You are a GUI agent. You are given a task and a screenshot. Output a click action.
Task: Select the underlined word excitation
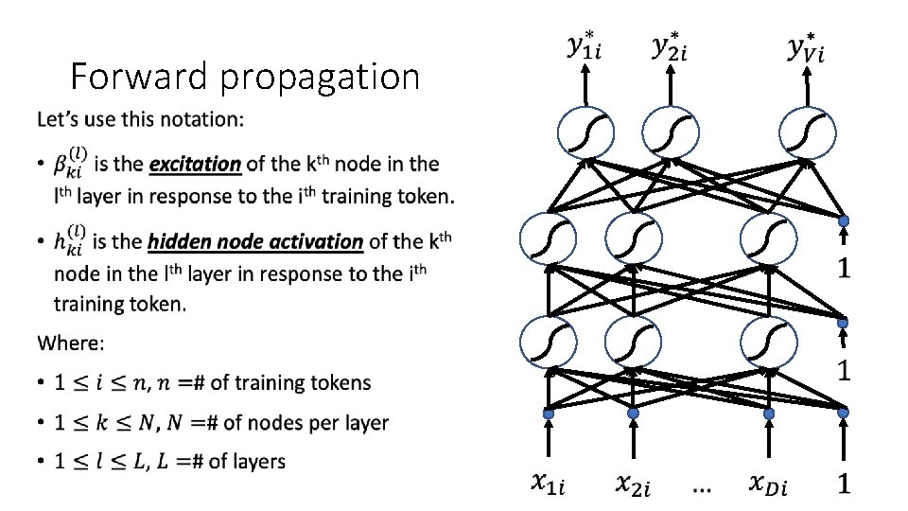coord(195,164)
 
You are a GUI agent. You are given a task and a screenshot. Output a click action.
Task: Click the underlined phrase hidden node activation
coord(255,241)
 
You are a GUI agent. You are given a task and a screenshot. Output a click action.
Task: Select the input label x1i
coord(549,485)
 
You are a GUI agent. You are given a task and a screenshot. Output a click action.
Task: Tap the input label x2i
coord(634,485)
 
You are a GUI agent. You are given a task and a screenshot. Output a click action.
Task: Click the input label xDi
coord(767,485)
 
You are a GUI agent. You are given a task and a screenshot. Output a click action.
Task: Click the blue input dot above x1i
coord(547,414)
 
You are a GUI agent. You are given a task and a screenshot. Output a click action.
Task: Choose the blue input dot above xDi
coord(767,414)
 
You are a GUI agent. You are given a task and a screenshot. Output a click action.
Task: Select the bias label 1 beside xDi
coord(843,485)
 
